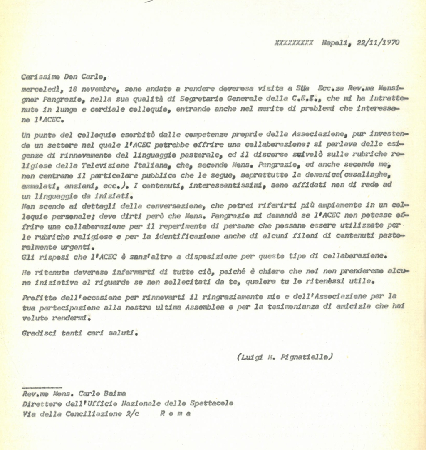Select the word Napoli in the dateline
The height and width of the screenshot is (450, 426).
(x=336, y=42)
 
